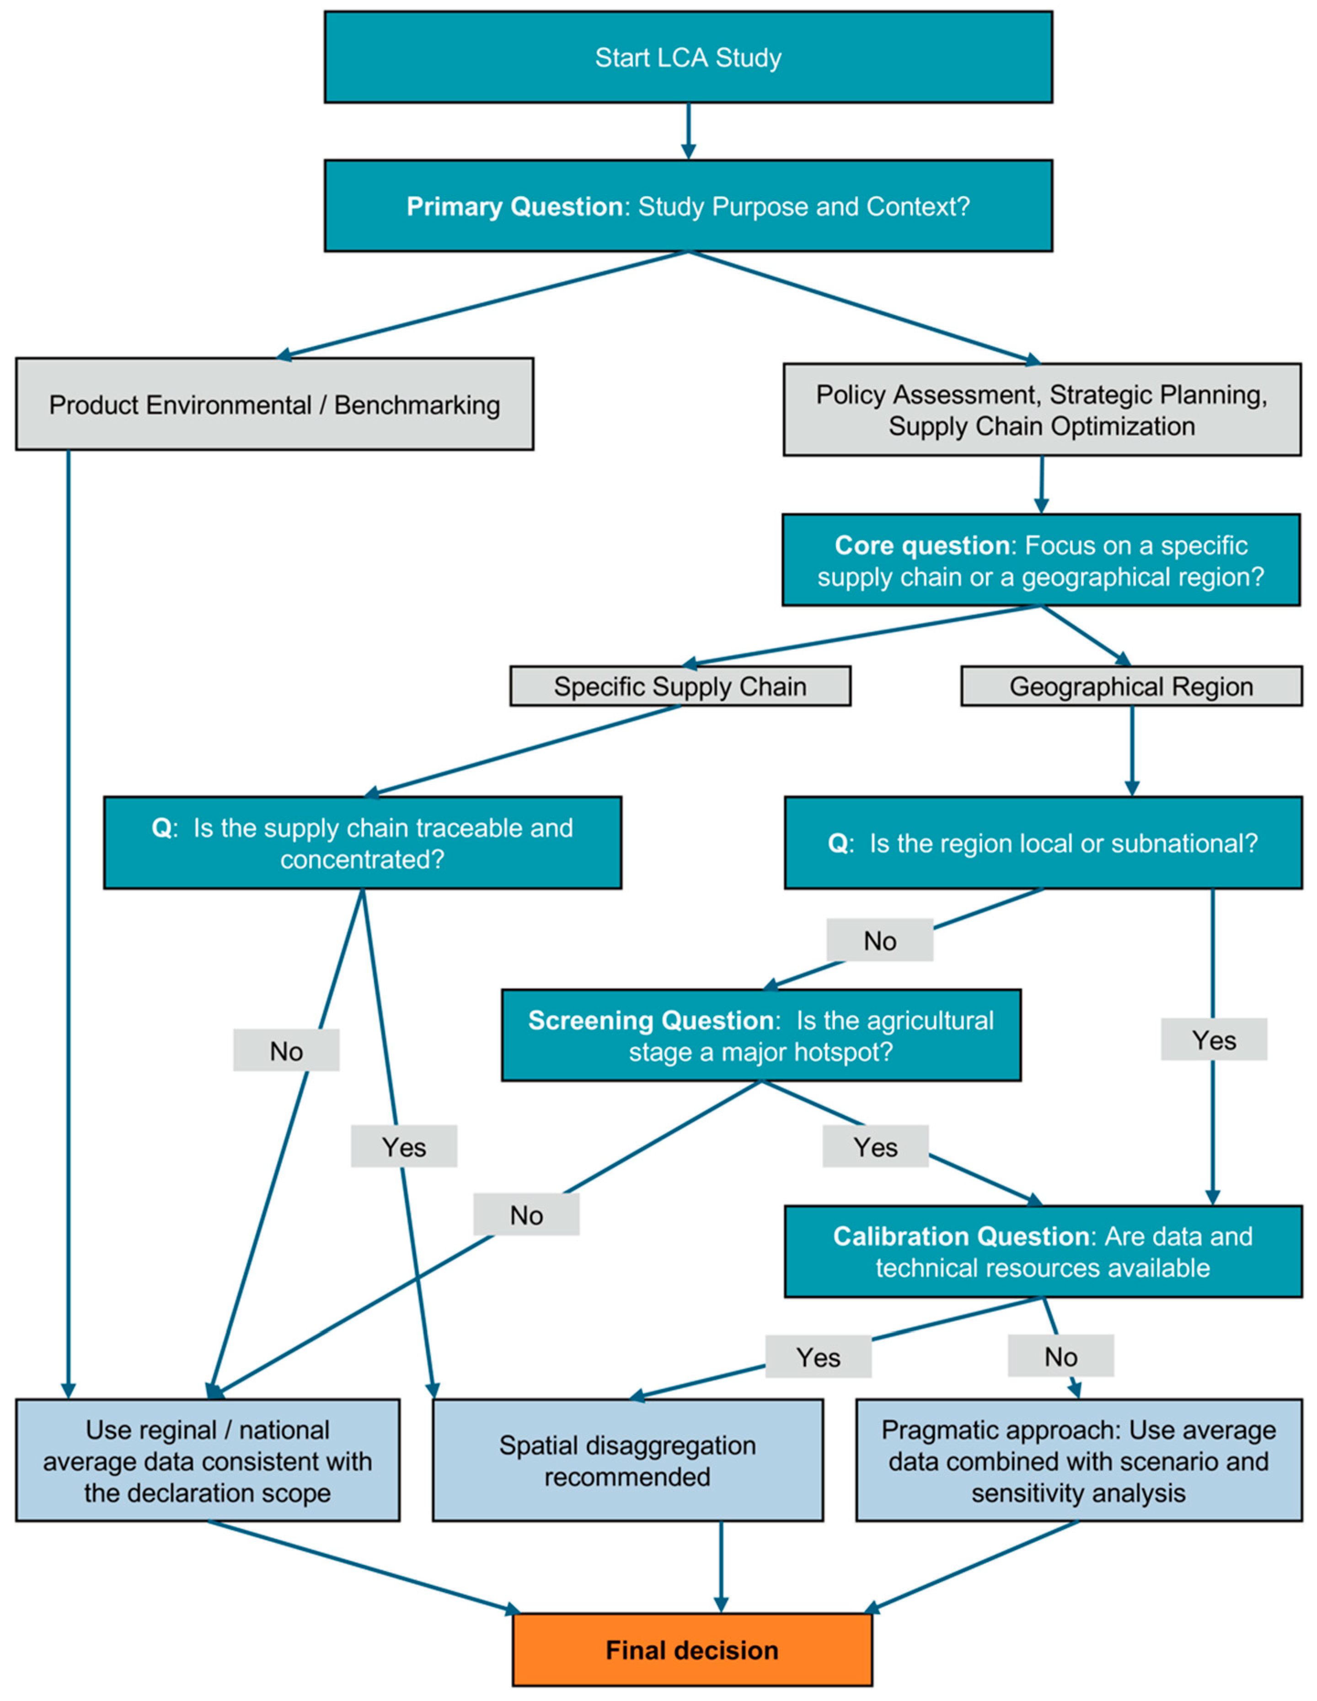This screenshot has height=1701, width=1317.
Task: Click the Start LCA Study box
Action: pos(689,57)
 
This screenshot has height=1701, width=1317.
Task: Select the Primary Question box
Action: pos(689,206)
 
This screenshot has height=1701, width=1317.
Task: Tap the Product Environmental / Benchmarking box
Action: pos(275,404)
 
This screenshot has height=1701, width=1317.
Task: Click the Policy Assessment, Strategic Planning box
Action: pos(1042,410)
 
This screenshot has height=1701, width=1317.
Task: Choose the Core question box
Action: pos(1041,560)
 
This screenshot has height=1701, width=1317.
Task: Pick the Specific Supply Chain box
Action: pos(681,686)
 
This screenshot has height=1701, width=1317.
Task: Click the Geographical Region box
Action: pos(1132,686)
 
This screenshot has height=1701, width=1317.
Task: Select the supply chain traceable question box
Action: pos(363,843)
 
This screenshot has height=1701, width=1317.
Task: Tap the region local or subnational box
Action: pos(1044,843)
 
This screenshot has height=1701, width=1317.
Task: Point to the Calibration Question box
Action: pos(1044,1252)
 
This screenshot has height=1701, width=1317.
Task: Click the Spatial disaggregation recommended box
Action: pos(628,1460)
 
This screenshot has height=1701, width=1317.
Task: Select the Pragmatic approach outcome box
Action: pos(1080,1460)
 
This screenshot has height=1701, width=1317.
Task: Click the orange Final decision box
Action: pos(692,1650)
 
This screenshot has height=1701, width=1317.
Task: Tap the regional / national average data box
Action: pos(208,1460)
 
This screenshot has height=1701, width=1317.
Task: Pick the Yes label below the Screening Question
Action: pos(875,1146)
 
